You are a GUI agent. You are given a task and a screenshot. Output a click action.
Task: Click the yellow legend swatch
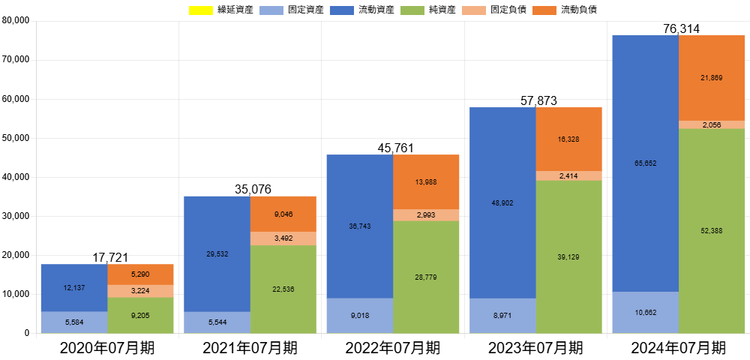(200, 10)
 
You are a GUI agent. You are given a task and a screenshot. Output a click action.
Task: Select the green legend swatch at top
(412, 10)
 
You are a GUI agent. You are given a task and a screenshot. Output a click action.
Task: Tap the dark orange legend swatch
(544, 10)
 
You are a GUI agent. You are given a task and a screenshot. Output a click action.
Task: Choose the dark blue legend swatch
(341, 10)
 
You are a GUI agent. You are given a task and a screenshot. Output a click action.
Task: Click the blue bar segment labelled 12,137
(73, 287)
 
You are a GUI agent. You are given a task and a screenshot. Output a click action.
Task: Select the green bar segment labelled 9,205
(141, 315)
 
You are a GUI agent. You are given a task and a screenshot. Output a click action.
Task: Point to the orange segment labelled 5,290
(141, 274)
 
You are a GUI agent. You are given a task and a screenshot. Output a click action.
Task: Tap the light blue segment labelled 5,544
(217, 322)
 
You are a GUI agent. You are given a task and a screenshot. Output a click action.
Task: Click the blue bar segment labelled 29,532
(217, 253)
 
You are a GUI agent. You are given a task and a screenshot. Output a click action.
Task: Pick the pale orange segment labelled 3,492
(283, 238)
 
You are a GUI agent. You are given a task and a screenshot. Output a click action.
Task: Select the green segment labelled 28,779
(426, 277)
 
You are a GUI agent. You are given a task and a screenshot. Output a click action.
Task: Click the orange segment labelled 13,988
(426, 181)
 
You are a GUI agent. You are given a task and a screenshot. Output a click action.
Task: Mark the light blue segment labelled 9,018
(359, 316)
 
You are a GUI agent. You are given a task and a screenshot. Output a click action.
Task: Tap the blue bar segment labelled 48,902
(502, 202)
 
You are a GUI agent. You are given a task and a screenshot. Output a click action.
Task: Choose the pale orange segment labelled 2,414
(569, 175)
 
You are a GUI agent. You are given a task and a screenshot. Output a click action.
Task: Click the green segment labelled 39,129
(569, 256)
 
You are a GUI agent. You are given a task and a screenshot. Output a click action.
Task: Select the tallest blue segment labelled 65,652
(645, 163)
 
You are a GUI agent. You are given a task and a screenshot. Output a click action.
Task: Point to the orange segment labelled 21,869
(712, 77)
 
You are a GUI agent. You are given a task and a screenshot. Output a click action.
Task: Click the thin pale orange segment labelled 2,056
(712, 124)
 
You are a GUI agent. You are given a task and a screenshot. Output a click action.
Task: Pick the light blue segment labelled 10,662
(645, 312)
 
